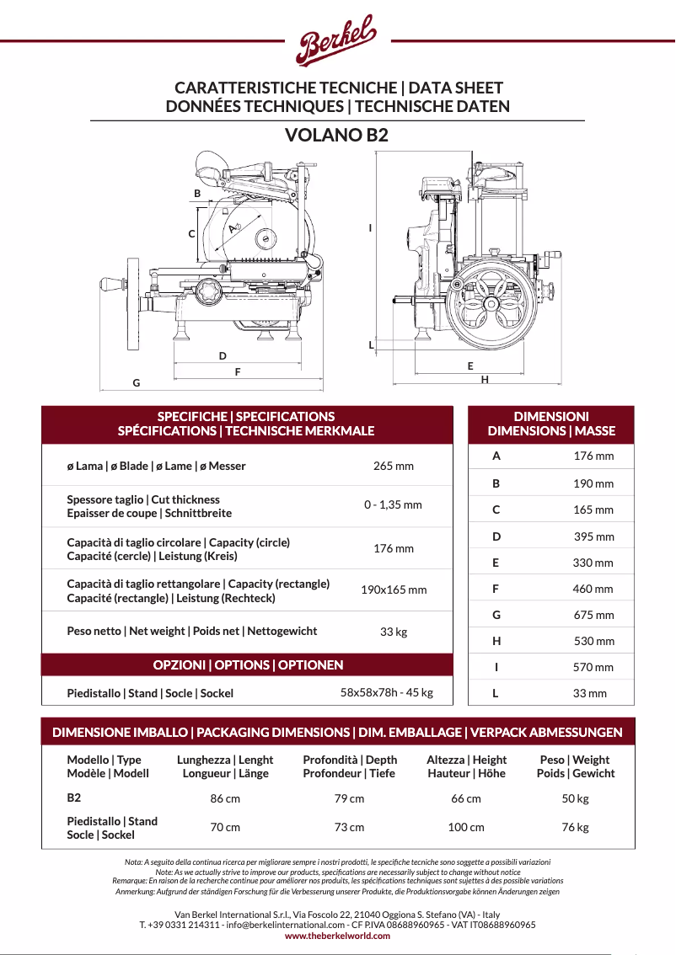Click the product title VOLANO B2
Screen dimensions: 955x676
[336, 135]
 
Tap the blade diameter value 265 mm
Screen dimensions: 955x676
[394, 466]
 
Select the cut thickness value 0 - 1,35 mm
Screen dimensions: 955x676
[393, 505]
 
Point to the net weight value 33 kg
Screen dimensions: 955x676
[394, 632]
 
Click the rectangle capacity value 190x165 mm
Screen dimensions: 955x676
[394, 590]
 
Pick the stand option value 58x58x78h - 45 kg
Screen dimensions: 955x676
[386, 693]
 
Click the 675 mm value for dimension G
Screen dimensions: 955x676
[593, 616]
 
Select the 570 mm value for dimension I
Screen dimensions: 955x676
[593, 668]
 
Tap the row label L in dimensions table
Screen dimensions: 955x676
[496, 694]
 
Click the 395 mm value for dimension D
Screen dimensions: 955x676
[593, 536]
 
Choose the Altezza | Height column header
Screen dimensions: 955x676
[466, 766]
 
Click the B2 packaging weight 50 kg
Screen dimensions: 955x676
[575, 798]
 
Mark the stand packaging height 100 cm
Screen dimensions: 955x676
[466, 828]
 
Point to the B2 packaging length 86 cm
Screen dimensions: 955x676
[225, 798]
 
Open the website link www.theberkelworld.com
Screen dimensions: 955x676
[337, 936]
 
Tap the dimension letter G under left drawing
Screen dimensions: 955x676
[136, 383]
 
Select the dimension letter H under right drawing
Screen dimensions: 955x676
[485, 380]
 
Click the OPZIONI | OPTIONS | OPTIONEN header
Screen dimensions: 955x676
[248, 665]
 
